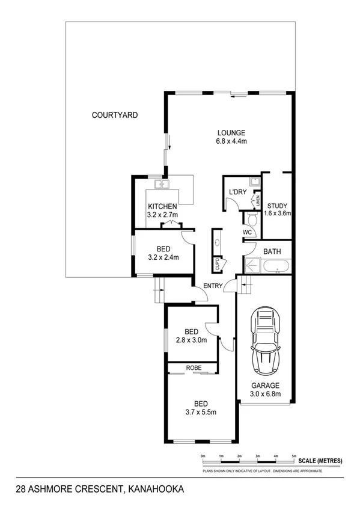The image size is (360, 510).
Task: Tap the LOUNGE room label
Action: tap(231, 133)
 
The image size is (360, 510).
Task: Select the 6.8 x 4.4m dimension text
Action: tap(231, 141)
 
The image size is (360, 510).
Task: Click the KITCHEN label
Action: tap(162, 206)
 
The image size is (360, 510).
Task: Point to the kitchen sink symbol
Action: tap(162, 184)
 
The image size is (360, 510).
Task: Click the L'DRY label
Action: tap(237, 192)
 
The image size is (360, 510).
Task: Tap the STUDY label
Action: tap(278, 205)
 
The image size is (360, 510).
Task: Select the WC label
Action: tap(247, 232)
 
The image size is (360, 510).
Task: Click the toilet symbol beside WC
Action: tap(252, 220)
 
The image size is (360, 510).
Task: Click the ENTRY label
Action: tap(213, 286)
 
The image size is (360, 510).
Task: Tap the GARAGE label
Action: tap(265, 386)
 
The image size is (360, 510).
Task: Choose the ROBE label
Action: tap(193, 367)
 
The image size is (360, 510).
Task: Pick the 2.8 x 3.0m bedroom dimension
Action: tap(192, 340)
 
